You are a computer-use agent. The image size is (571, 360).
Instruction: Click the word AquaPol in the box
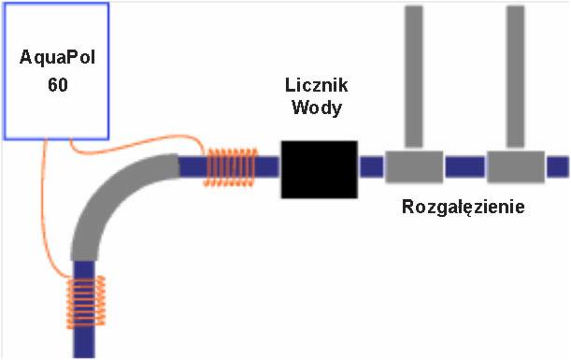pos(58,58)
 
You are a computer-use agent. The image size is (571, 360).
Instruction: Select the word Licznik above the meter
pos(316,85)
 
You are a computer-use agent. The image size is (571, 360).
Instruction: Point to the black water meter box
pos(320,169)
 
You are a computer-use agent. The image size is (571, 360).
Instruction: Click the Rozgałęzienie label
pos(464,207)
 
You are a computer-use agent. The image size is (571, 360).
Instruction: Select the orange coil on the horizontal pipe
pos(230,167)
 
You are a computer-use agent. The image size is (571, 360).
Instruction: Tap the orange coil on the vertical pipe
pos(85,299)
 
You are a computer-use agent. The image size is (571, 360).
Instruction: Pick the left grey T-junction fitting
pos(413,166)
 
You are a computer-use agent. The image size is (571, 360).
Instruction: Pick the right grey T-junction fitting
pos(515,166)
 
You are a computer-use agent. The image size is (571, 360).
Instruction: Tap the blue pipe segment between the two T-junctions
pos(464,167)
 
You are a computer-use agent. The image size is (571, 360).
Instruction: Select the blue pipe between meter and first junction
pos(372,167)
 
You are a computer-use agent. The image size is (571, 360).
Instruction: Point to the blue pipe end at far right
pos(557,167)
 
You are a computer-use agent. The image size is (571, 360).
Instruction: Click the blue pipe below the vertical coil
pos(85,342)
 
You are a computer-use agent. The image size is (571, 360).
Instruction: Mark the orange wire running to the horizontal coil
pos(140,148)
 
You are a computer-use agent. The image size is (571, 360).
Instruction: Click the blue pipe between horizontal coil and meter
pos(267,167)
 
